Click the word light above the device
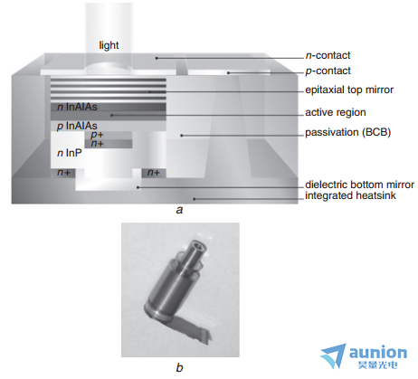pos(109,45)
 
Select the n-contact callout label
pos(328,55)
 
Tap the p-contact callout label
pos(328,71)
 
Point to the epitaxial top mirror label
pos(349,90)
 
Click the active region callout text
pos(336,112)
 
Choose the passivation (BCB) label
pos(348,132)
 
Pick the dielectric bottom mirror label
pos(359,185)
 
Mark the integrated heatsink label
pos(350,195)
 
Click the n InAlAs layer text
pos(77,107)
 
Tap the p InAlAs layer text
pos(77,126)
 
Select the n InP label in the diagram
pos(70,153)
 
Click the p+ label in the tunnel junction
pos(97,135)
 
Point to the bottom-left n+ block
pos(64,173)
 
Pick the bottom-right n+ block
pos(154,173)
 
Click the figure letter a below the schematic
pos(179,210)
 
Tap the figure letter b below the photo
pos(179,367)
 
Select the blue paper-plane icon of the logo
pos(333,355)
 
